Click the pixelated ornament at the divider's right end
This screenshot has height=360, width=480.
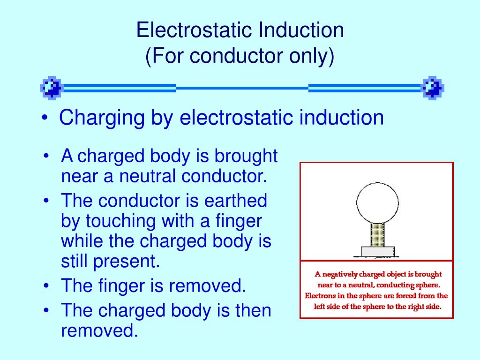pos(433,87)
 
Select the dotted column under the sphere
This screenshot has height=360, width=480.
pos(377,235)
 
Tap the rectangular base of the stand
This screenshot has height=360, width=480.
pos(377,251)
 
